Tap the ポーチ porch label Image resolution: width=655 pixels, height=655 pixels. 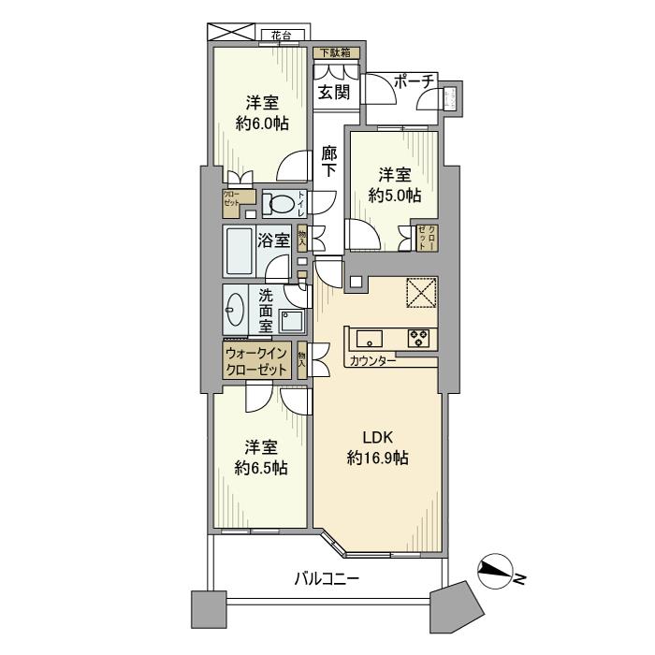pos(415,82)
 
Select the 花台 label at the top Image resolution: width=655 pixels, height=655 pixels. pos(282,37)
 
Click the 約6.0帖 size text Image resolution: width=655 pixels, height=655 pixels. pos(262,123)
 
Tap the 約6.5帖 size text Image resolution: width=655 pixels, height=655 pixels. pos(261,467)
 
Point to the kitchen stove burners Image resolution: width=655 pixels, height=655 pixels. pos(417,338)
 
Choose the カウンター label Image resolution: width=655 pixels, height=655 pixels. pos(372,361)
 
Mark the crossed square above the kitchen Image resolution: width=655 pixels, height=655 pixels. pos(419,294)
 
